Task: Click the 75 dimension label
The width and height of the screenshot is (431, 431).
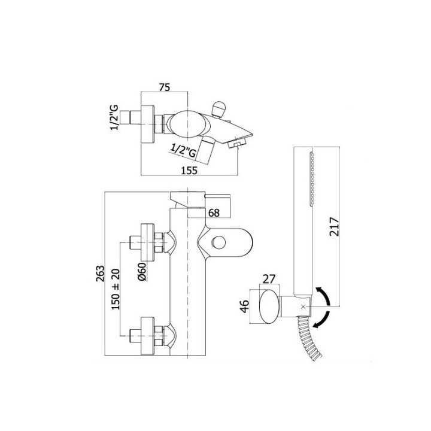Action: pos(165,86)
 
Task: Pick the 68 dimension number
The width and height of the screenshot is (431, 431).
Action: pos(214,213)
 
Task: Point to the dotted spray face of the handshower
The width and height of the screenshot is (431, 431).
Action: pos(311,178)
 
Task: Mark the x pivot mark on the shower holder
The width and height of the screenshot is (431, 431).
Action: pos(303,306)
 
